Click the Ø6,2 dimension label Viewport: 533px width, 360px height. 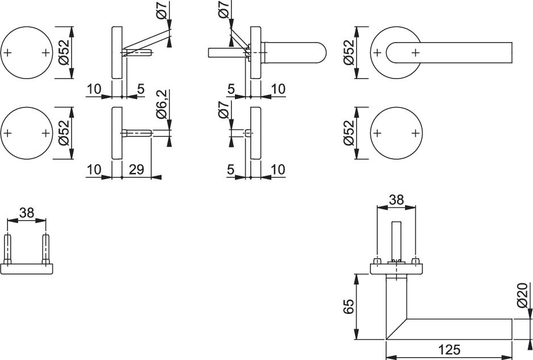pyautogui.click(x=162, y=104)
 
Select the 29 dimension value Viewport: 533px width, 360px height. pyautogui.click(x=137, y=169)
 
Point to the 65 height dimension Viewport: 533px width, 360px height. pyautogui.click(x=349, y=307)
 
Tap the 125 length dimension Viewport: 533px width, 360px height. pyautogui.click(x=449, y=349)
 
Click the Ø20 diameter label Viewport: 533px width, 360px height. pyautogui.click(x=524, y=295)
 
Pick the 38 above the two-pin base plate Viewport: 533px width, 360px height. pyautogui.click(x=27, y=213)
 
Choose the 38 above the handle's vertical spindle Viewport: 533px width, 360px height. pyautogui.click(x=396, y=200)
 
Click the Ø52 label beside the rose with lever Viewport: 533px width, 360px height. pyautogui.click(x=349, y=52)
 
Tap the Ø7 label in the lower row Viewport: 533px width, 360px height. pyautogui.click(x=224, y=110)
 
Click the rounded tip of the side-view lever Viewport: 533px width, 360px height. pyautogui.click(x=323, y=53)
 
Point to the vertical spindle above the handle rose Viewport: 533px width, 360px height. pyautogui.click(x=396, y=241)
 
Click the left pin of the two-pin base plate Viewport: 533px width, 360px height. pyautogui.click(x=8, y=249)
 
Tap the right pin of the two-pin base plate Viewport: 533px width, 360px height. pyautogui.click(x=46, y=249)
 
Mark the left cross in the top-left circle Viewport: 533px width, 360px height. pyautogui.click(x=8, y=53)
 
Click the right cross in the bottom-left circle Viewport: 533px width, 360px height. pyautogui.click(x=46, y=133)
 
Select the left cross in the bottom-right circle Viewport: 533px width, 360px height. pyautogui.click(x=377, y=133)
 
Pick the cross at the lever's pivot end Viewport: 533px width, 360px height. pyautogui.click(x=415, y=53)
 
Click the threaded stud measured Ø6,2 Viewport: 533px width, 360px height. pyautogui.click(x=137, y=133)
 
